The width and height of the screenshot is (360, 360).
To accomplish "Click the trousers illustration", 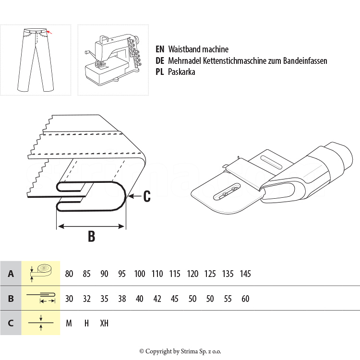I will click(x=35, y=60).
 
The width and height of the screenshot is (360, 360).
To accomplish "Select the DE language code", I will click(x=160, y=61).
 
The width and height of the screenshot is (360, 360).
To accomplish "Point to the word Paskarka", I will click(x=181, y=72).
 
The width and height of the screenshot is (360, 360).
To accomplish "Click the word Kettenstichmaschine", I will click(x=235, y=61).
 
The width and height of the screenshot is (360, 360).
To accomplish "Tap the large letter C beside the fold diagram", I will click(x=147, y=196).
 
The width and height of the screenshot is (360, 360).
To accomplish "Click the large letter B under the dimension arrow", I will click(x=91, y=236).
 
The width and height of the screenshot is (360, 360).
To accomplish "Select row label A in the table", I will click(x=11, y=274).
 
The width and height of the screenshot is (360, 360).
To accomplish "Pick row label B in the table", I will click(x=11, y=299).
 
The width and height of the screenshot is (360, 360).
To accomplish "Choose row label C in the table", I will click(x=11, y=323).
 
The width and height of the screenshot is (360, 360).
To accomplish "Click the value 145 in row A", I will click(x=245, y=274).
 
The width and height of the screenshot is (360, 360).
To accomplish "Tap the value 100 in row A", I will click(x=140, y=274).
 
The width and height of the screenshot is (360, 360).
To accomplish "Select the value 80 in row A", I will click(x=69, y=274).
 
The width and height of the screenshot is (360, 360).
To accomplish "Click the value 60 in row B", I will click(x=245, y=299).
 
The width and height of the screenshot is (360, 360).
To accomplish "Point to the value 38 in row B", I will click(x=122, y=299).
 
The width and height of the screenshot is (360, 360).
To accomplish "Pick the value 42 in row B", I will click(x=157, y=299).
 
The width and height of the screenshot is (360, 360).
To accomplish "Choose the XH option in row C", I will click(x=104, y=323).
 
